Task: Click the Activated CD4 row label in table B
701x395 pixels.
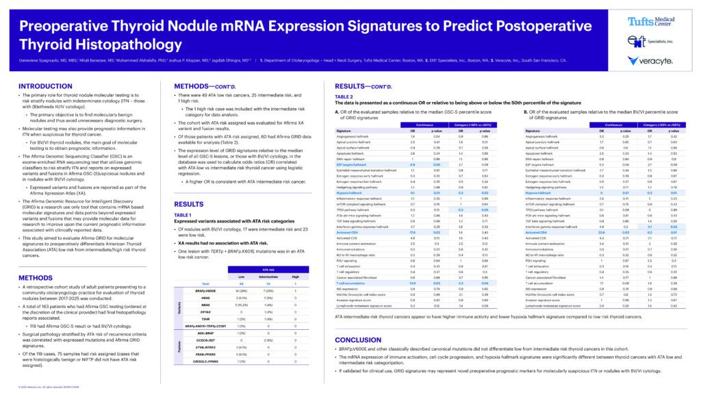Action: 537,232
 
